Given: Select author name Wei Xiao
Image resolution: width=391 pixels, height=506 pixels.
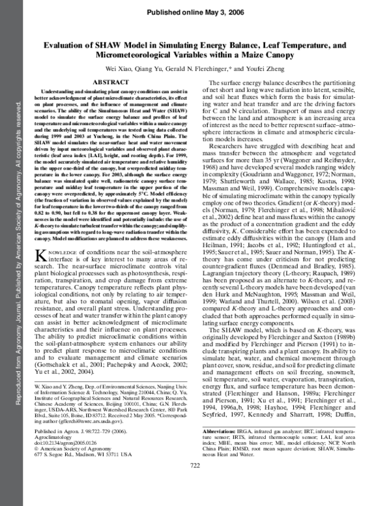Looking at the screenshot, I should pos(123,70).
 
